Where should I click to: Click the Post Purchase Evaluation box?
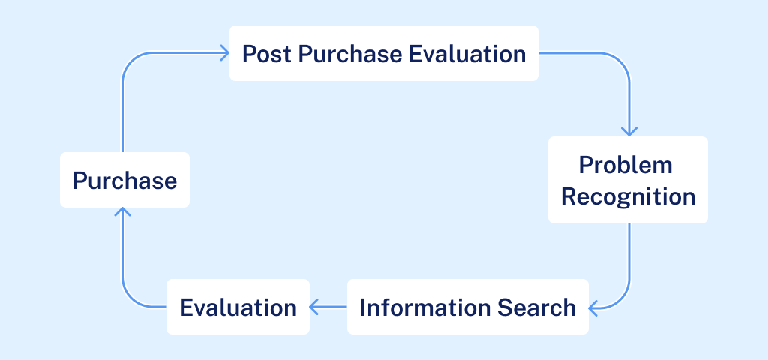click(383, 53)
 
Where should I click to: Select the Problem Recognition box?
click(628, 180)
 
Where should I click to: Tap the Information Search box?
click(467, 307)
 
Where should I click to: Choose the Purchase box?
click(124, 180)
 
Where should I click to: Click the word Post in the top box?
click(262, 54)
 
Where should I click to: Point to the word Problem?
click(626, 164)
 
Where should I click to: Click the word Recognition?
click(628, 196)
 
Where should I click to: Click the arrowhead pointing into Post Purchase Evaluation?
click(223, 52)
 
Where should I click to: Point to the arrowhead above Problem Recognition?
click(629, 130)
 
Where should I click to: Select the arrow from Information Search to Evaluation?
click(328, 306)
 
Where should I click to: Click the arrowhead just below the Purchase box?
click(122, 213)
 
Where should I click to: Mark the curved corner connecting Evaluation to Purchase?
click(129, 298)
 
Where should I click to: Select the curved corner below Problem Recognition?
click(622, 299)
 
